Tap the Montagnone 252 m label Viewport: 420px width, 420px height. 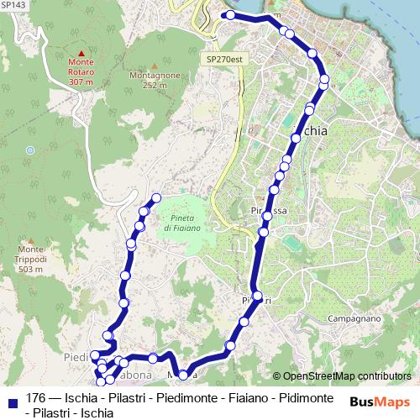point(155,80)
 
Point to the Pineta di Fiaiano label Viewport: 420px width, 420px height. point(181,223)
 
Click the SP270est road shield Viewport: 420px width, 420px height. point(224,60)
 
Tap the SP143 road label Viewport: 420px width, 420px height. point(13,5)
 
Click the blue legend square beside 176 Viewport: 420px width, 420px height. point(12,398)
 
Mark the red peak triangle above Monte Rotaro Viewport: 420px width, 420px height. point(81,53)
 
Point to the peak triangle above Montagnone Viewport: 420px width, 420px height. point(155,66)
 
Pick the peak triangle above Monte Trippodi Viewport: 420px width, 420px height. point(31,239)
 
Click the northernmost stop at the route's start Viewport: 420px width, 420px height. point(228,15)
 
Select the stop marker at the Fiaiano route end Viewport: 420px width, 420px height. point(155,199)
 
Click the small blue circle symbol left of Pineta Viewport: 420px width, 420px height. point(30,150)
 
